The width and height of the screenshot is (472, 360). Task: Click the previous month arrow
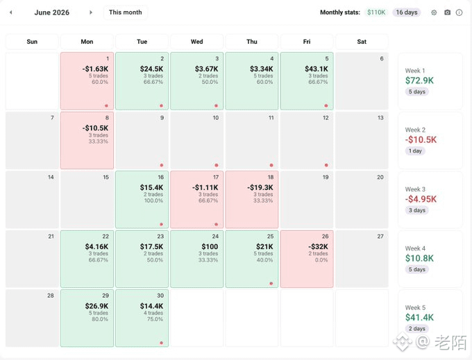[x=11, y=12]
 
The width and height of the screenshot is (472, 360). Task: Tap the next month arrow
[x=91, y=12]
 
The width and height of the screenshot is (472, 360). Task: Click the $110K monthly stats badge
[x=376, y=12]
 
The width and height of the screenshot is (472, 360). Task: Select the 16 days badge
[x=406, y=12]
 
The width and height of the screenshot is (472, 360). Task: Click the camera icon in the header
[x=447, y=12]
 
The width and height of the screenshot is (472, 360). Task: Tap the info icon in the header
[x=459, y=12]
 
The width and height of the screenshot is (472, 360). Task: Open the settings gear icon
[x=434, y=12]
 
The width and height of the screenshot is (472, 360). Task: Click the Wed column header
[x=197, y=42]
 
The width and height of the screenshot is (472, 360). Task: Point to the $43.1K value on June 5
[x=317, y=69]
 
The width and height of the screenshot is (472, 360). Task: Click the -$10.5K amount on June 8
[x=95, y=128]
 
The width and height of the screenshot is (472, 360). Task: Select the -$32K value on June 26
[x=318, y=247]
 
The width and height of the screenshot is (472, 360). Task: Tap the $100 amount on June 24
[x=210, y=247]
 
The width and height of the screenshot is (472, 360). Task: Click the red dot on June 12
[x=326, y=165]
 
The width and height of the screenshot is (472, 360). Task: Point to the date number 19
[x=326, y=177]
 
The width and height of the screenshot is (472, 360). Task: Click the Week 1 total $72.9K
[x=419, y=80]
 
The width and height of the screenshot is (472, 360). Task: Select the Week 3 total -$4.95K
[x=421, y=199]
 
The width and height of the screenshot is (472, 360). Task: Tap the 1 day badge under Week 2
[x=415, y=151]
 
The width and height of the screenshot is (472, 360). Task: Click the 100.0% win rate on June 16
[x=153, y=200]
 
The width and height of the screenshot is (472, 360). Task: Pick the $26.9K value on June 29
[x=96, y=306]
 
